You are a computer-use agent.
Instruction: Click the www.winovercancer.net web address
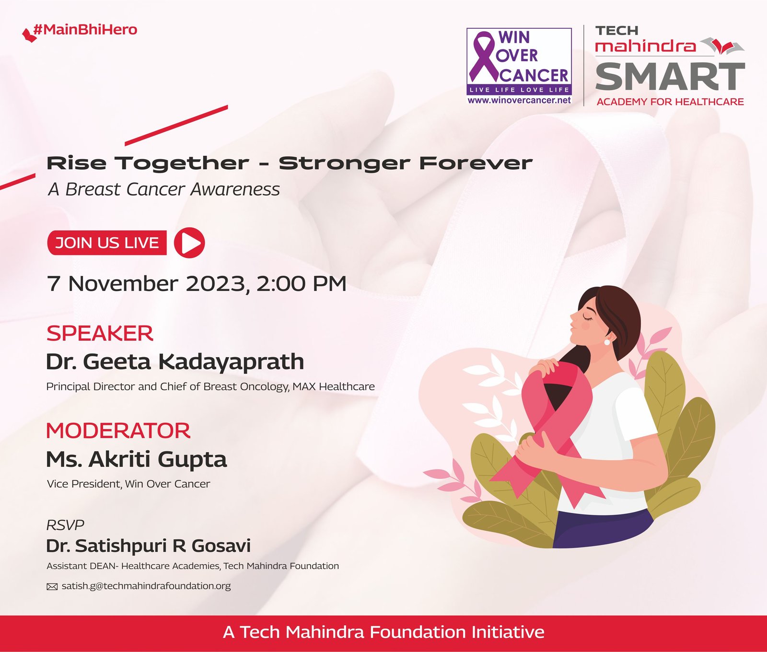tap(519, 100)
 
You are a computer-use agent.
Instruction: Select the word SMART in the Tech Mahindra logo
tap(670, 77)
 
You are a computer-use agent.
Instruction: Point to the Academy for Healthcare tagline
tap(670, 102)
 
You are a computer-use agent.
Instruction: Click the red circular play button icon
tap(189, 243)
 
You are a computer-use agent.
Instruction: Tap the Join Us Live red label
tap(107, 243)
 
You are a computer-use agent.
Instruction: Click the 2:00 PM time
tap(301, 283)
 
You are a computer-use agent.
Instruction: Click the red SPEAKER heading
tap(100, 333)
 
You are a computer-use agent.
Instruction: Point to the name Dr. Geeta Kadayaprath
tap(175, 362)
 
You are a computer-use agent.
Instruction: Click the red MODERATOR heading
tap(118, 431)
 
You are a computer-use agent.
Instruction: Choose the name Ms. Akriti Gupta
tap(137, 460)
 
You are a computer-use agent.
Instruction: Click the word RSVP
tap(65, 525)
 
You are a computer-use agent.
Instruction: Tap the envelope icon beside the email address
tap(52, 587)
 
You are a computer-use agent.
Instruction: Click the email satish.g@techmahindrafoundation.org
tap(146, 586)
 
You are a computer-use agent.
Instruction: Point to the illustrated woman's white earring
tap(607, 342)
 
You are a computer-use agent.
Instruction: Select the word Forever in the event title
tap(476, 163)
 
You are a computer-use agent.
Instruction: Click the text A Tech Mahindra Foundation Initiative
tap(383, 632)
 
